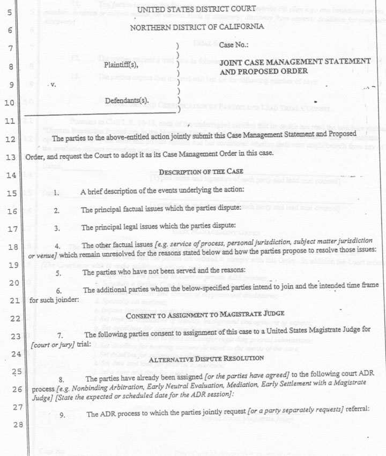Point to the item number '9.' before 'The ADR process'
(x=63, y=414)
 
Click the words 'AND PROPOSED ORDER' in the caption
(x=264, y=71)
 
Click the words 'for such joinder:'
(x=54, y=300)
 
